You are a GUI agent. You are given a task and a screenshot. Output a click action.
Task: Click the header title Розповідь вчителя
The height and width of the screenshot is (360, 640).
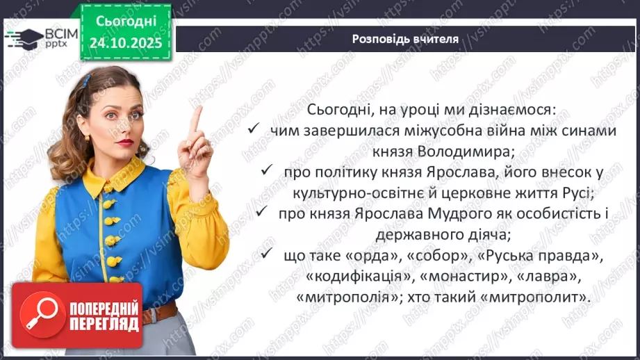[405, 39]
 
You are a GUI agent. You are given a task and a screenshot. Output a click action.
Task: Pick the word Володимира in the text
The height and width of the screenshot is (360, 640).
[459, 150]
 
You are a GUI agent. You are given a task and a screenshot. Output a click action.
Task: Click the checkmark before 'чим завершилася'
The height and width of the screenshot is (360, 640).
[254, 130]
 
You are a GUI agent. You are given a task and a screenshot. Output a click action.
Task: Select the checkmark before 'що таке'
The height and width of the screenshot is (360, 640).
[268, 255]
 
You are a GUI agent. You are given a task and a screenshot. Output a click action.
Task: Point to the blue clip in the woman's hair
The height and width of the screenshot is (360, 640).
[87, 81]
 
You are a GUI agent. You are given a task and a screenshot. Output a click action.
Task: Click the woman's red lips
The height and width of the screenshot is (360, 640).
[125, 142]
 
